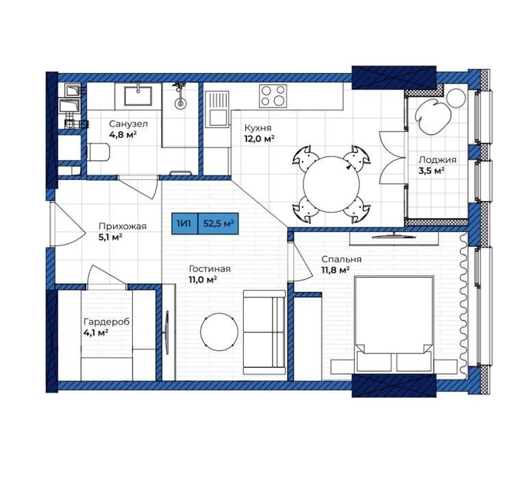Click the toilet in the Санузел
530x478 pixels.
(x=99, y=152)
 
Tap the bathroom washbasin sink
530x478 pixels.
(x=138, y=96)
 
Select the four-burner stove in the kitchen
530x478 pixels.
(x=273, y=96)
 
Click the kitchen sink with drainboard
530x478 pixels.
(x=216, y=108)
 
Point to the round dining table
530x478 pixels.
(x=331, y=184)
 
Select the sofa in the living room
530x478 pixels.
(x=264, y=332)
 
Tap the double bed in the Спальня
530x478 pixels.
(x=394, y=324)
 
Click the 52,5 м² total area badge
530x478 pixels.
(x=218, y=224)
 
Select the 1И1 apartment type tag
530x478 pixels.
(x=184, y=224)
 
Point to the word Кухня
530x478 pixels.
(x=257, y=129)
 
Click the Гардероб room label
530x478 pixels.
(x=106, y=321)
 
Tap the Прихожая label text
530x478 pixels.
(x=123, y=226)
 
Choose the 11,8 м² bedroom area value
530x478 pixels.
(x=336, y=269)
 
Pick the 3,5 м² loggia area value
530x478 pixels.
(x=431, y=170)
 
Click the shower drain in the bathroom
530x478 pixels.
(x=180, y=103)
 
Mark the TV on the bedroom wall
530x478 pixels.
(x=394, y=236)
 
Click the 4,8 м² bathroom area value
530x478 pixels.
(x=123, y=135)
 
